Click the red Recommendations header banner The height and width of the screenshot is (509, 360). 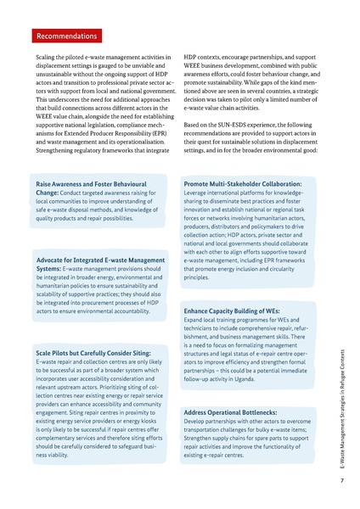(66, 36)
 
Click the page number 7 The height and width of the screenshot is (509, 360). (340, 480)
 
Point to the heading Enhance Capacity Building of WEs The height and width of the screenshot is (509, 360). (232, 311)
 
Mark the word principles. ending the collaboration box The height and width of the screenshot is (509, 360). (196, 277)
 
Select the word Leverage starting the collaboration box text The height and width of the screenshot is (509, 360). (198, 193)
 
